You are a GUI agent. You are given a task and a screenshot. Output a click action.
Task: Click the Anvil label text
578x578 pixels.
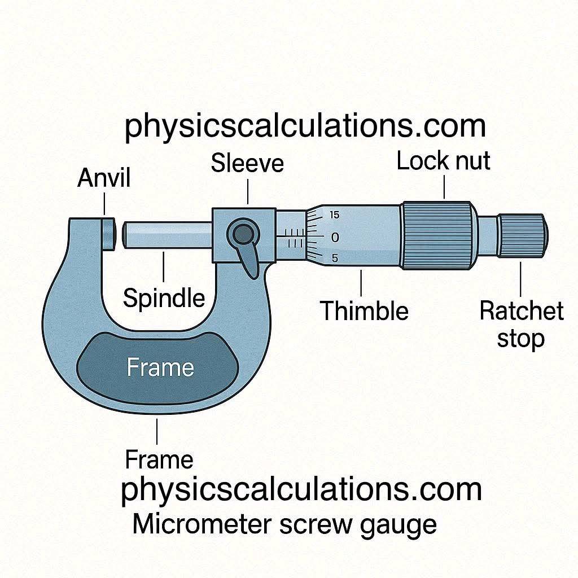click(x=104, y=178)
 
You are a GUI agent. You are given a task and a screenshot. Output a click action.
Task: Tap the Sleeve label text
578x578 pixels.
click(x=247, y=163)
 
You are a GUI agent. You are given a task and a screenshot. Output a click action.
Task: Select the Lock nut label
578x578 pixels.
click(x=443, y=161)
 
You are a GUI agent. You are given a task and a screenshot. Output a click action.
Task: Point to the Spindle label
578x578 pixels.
click(x=164, y=299)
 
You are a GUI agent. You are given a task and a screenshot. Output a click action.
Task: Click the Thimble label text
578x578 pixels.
click(x=364, y=310)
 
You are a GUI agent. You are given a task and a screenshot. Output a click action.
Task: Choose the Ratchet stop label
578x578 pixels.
click(x=521, y=325)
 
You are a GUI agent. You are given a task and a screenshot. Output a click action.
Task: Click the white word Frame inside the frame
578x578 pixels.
click(x=160, y=367)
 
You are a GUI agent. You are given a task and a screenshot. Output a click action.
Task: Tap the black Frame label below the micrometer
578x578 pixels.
click(x=159, y=459)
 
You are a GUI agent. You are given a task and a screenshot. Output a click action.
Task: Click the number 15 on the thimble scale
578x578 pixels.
click(x=334, y=215)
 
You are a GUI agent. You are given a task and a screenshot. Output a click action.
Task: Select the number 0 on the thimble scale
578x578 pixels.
click(x=335, y=238)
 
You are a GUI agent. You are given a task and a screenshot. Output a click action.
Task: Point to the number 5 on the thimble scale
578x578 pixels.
click(x=335, y=258)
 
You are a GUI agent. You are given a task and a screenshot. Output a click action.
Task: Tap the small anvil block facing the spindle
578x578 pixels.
click(x=108, y=234)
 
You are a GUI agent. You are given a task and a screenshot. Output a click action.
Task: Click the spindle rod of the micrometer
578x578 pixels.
click(x=168, y=235)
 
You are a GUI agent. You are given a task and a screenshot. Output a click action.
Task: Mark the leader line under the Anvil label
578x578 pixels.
click(x=104, y=204)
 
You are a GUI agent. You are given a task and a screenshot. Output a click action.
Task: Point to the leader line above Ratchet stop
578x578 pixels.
click(x=520, y=279)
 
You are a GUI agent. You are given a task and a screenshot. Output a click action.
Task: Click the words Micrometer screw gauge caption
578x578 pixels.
click(x=284, y=524)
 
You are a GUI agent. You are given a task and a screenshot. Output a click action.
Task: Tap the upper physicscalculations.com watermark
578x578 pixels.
click(x=305, y=127)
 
